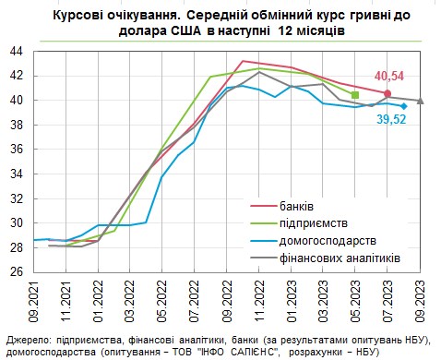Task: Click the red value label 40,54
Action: coord(389,76)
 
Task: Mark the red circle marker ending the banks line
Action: coord(387,93)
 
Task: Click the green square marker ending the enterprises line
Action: coord(355,94)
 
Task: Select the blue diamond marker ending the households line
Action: coord(403,106)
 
